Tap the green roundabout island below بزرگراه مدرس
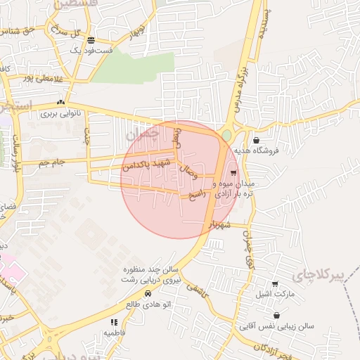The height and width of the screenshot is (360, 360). [x=226, y=135]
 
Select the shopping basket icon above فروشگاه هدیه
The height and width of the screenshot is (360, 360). [x=256, y=140]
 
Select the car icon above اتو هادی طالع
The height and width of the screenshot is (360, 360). [x=148, y=293]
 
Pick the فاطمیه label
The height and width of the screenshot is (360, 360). [x=112, y=332]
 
